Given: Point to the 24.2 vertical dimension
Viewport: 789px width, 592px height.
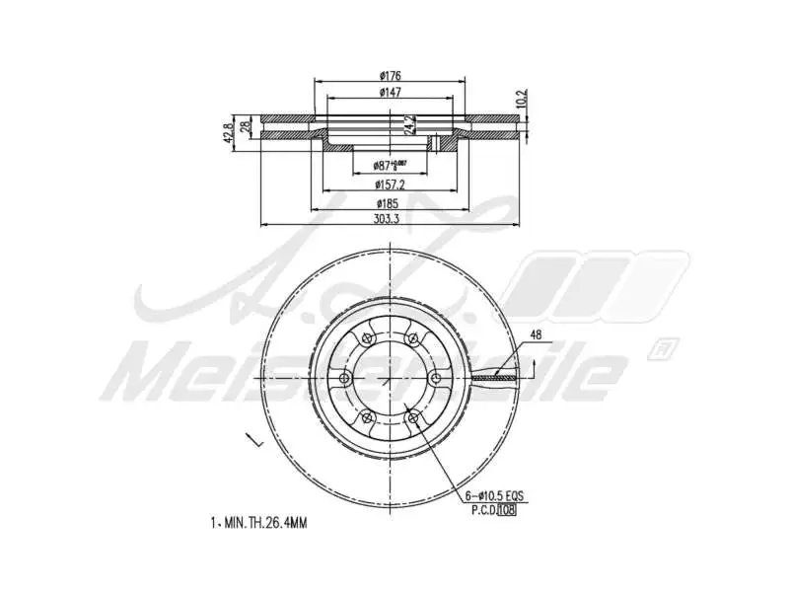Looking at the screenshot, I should tap(405, 125).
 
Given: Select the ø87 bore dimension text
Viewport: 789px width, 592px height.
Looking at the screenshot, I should tap(390, 166).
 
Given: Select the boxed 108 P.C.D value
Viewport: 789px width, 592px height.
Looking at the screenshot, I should tap(506, 509).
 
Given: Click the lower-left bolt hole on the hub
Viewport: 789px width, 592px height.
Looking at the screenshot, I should tap(367, 418).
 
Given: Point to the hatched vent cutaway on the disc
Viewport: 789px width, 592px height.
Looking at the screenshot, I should tap(493, 376).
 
